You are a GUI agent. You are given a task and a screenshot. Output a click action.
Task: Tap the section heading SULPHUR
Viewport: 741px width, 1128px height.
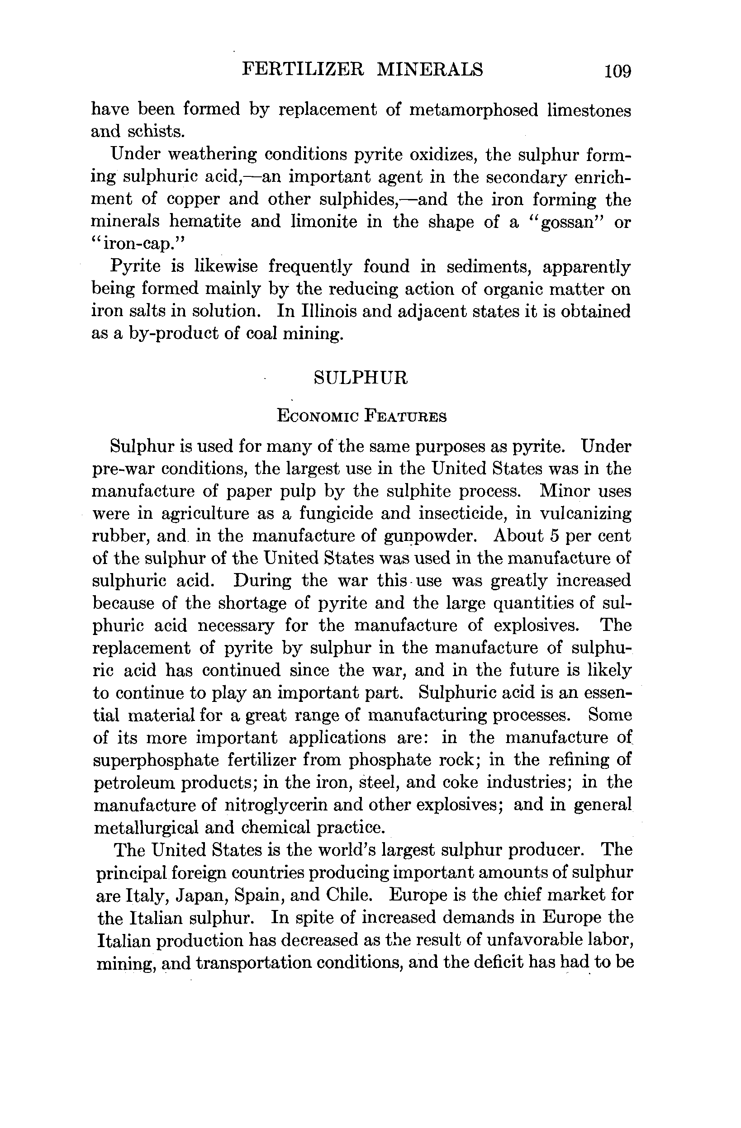361,377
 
